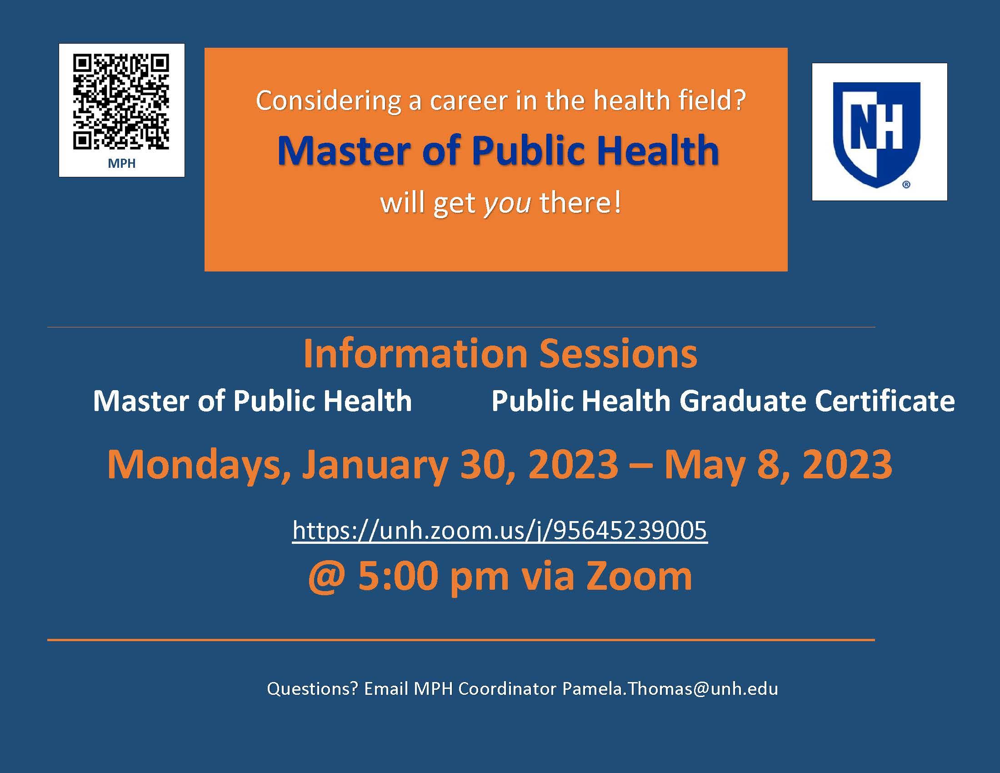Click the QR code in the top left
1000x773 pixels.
121,102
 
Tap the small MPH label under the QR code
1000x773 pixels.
121,164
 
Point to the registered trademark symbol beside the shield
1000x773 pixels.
906,185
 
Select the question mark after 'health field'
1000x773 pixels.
740,100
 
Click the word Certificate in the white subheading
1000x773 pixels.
885,401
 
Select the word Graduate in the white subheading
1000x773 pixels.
742,401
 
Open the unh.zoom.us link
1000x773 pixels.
500,531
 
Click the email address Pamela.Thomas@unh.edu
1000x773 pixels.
670,689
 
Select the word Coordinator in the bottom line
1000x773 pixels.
507,689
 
